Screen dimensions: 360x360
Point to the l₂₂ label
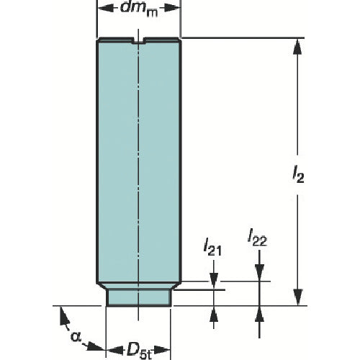(x=257, y=236)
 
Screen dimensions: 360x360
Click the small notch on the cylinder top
(x=139, y=42)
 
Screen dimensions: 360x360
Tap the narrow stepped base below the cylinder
(x=138, y=296)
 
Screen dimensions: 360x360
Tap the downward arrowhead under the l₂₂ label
(x=259, y=274)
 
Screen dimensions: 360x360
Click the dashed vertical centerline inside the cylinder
(x=139, y=180)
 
